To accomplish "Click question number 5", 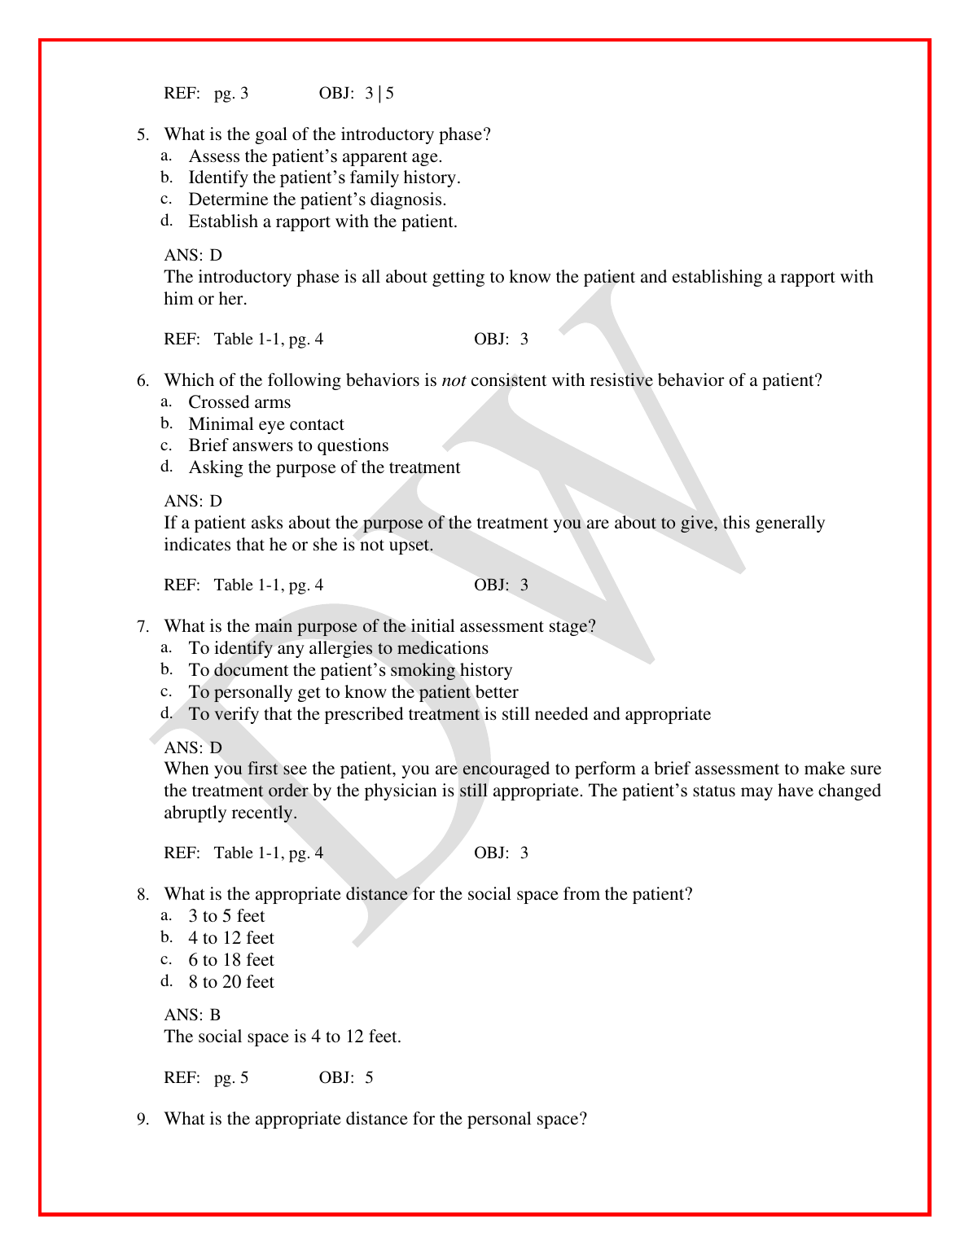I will (142, 135).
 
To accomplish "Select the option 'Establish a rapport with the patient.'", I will (322, 221).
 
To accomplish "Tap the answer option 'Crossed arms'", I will (239, 402).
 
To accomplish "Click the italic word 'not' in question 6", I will (454, 380).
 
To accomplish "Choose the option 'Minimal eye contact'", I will (266, 424).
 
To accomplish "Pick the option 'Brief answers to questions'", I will (288, 445).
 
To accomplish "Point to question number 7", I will (142, 627).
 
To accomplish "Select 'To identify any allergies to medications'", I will (338, 648).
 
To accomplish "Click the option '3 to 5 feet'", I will (226, 916).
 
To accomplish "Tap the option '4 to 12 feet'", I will (231, 938).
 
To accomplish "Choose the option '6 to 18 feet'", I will (231, 960).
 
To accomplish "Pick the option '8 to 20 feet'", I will (231, 982).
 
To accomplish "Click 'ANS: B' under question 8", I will (192, 1015).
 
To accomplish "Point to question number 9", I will (142, 1120).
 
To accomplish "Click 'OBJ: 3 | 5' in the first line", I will (357, 94).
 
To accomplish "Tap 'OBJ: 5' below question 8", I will (346, 1078).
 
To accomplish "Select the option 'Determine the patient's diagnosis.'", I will (317, 199).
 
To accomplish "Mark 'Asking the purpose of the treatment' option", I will (324, 467).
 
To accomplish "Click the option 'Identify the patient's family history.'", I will (324, 178).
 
